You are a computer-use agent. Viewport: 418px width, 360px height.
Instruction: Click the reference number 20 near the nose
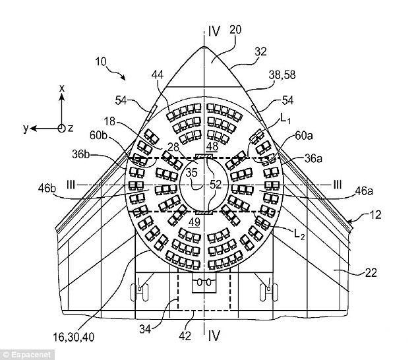[x=235, y=30]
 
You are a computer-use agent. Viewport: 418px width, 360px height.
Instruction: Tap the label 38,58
[x=282, y=75]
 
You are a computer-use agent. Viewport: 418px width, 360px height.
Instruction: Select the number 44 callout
[x=158, y=75]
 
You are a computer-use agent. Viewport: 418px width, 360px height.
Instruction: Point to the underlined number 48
[x=212, y=146]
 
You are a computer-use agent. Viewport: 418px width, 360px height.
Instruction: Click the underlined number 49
[x=194, y=222]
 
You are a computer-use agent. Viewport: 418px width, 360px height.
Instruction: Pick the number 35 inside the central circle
[x=191, y=173]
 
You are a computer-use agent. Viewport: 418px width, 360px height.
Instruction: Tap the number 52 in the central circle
[x=216, y=184]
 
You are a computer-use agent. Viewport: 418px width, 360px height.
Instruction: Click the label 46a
[x=364, y=191]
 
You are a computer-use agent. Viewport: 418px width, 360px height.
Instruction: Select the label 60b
[x=98, y=135]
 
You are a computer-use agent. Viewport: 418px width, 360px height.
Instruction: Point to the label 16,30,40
[x=74, y=338]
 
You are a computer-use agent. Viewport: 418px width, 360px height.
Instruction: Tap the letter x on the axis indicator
[x=62, y=88]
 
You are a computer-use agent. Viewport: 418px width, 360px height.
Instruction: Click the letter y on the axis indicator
[x=26, y=129]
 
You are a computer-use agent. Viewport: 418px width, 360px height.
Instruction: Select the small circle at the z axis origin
[x=61, y=129]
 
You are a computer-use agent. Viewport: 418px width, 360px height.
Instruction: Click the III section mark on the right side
[x=337, y=185]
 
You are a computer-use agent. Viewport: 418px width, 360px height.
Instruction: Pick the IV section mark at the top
[x=214, y=32]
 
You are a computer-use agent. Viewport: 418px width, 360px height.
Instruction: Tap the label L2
[x=299, y=235]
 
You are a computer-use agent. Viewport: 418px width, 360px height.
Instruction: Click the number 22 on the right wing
[x=371, y=273]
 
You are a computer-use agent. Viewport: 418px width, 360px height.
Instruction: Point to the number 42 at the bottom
[x=185, y=336]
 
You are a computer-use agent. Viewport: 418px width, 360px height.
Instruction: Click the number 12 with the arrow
[x=376, y=215]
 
